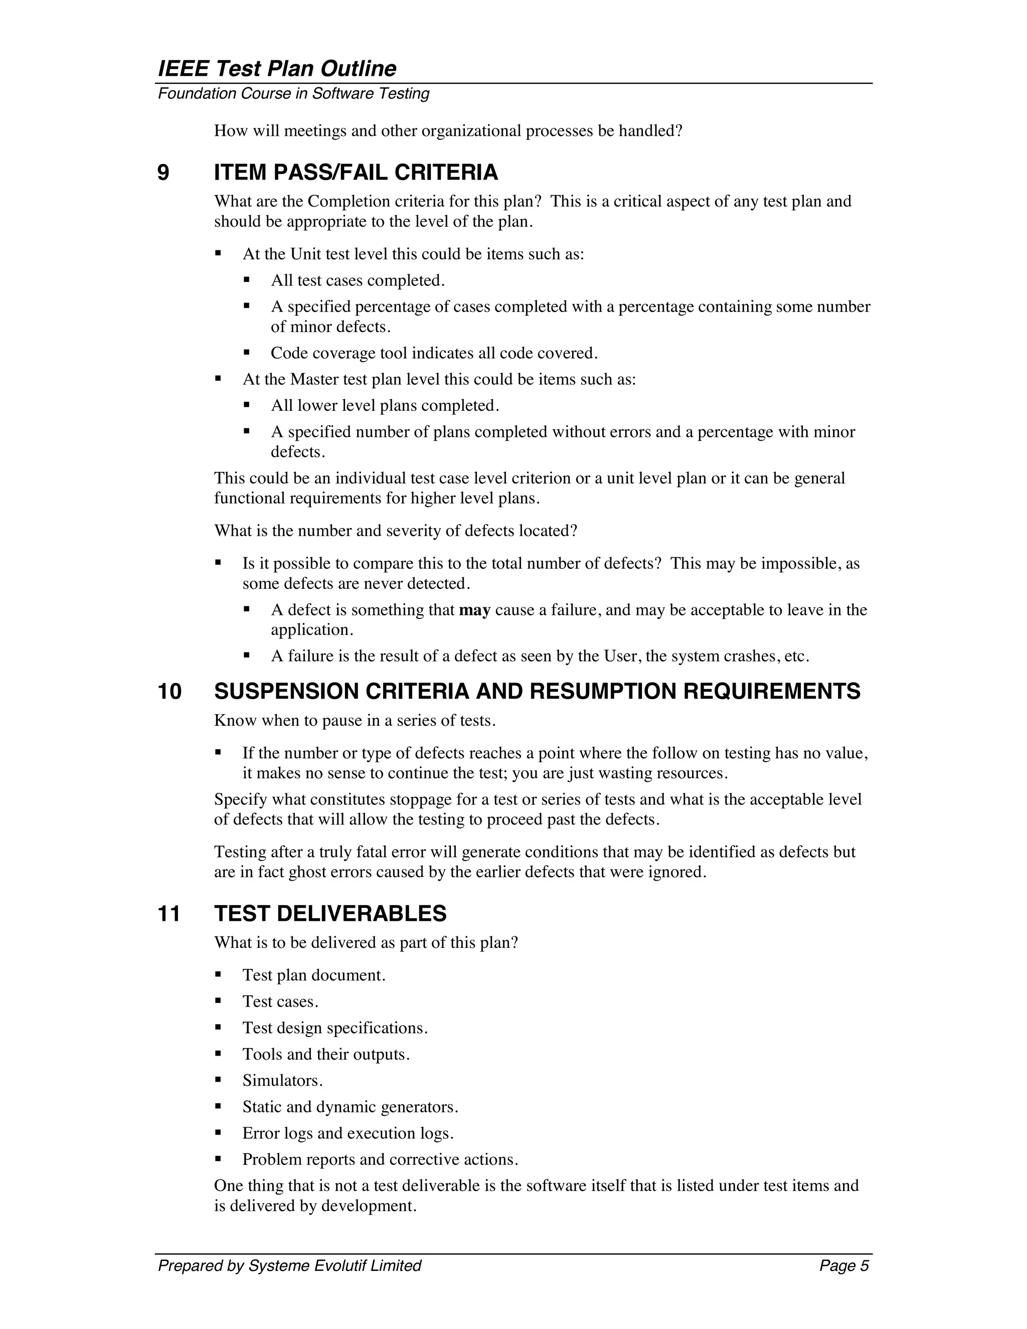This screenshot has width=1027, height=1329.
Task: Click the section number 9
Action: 163,173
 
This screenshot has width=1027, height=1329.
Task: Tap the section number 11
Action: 169,914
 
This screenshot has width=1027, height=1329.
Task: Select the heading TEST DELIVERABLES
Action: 330,914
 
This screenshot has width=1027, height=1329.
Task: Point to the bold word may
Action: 474,610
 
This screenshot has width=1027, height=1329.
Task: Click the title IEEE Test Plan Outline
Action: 277,68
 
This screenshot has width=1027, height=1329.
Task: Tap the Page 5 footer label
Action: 844,1266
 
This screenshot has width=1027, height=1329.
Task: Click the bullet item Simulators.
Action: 282,1081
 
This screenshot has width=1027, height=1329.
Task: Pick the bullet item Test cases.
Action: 280,1002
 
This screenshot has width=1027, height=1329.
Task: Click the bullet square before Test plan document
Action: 218,975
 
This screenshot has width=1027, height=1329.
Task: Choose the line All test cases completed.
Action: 358,280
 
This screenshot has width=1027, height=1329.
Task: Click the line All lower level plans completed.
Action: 385,406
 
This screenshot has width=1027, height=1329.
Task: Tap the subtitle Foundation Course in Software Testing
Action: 293,94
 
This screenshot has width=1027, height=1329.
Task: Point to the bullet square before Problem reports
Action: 218,1159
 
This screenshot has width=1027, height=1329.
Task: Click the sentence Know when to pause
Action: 355,721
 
